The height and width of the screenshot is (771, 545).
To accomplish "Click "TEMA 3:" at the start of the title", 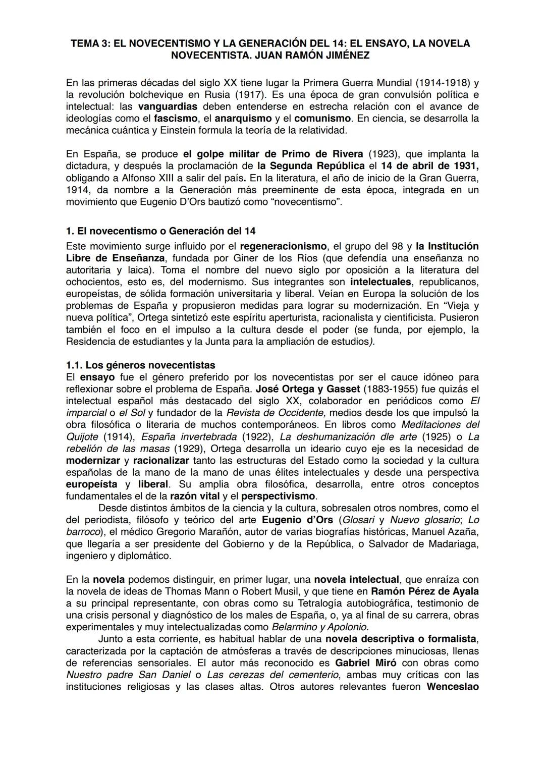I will coord(89,43).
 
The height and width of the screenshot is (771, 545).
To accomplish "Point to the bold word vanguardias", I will coord(167,106).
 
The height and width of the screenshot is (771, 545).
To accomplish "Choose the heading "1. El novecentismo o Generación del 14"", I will coord(160,231).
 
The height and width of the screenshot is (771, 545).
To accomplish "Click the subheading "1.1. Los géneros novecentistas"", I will coord(140,365).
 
